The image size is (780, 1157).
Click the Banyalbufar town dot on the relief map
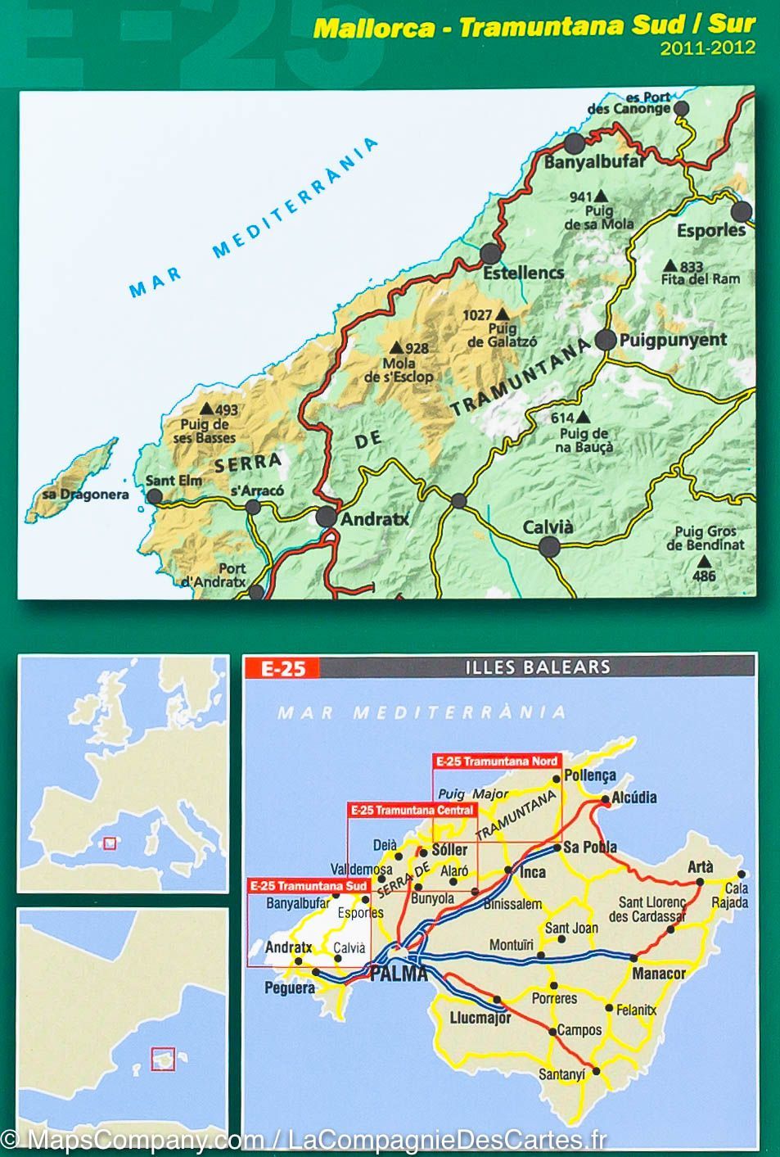click(575, 144)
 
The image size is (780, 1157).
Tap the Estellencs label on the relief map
click(523, 273)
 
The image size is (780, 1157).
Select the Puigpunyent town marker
click(605, 340)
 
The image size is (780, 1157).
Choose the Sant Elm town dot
click(154, 496)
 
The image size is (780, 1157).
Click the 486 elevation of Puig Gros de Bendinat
click(703, 576)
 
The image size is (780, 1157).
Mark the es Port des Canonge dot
click(681, 108)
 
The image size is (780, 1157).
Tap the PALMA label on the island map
click(399, 974)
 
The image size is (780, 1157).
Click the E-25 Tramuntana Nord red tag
click(496, 761)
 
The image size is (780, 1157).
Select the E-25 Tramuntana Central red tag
click(412, 811)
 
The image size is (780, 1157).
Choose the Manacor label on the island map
click(658, 974)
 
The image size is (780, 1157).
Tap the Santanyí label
click(562, 1075)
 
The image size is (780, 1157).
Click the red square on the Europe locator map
click(108, 841)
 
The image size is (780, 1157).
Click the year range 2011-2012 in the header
click(708, 47)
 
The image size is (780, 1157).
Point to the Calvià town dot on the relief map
click(550, 547)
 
